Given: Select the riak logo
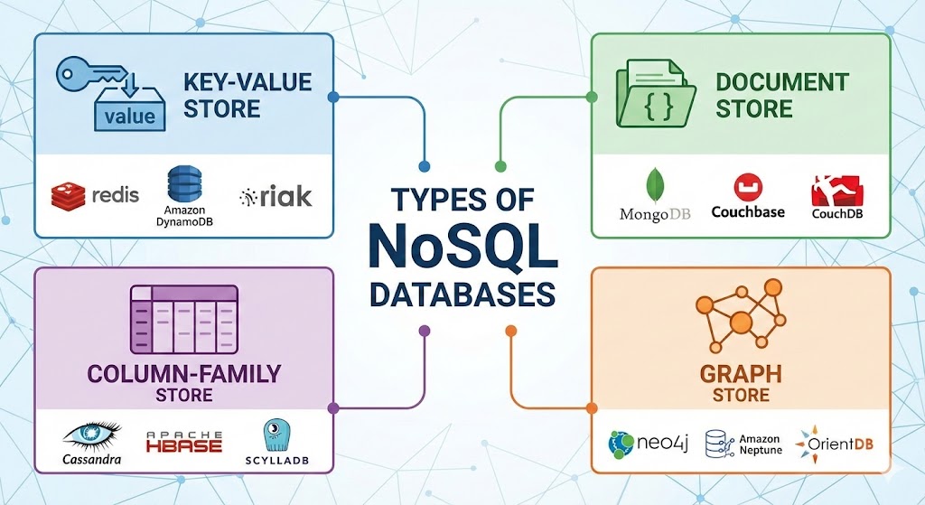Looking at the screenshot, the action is (276, 196).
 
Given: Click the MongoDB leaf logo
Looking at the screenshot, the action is (655, 186).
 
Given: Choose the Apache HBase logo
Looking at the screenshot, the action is (184, 442).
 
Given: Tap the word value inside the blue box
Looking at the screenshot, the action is (130, 116).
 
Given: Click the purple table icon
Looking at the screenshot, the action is (184, 319).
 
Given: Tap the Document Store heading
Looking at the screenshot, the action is (781, 96).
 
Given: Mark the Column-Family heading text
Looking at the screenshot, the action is (184, 374).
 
